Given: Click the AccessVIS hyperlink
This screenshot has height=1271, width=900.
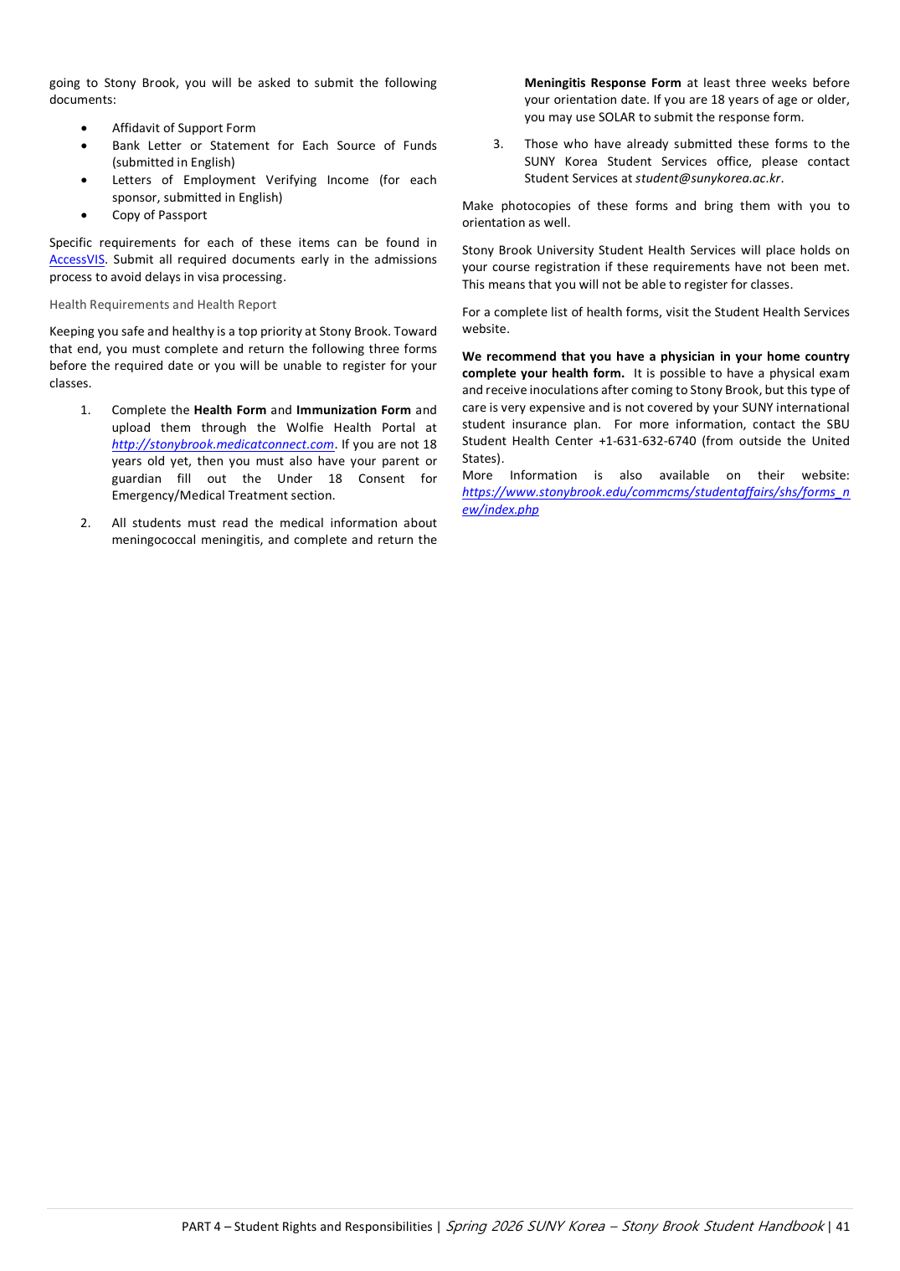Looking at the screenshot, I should [77, 259].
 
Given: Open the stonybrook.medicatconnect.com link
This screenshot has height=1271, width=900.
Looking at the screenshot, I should [223, 444].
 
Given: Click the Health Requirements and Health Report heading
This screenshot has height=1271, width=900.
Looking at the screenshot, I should [162, 305].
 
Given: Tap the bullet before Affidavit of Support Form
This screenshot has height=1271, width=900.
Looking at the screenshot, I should [85, 128].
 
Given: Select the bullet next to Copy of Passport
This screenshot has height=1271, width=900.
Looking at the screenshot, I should [85, 215].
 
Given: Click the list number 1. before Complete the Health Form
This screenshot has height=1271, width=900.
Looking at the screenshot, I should [85, 410].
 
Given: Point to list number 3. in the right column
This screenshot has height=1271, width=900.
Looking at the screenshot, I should [498, 144].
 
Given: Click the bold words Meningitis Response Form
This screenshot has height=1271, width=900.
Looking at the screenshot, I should [602, 83].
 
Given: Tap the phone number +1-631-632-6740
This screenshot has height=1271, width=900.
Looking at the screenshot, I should [647, 441].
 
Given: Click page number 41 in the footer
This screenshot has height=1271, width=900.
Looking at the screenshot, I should [842, 1227].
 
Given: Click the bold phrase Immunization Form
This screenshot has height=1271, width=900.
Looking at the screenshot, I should [353, 410].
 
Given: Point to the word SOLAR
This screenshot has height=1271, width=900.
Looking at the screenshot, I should [617, 117].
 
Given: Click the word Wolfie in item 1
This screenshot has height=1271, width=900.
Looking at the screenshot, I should [305, 428].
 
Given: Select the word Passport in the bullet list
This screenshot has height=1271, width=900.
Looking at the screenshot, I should [183, 215].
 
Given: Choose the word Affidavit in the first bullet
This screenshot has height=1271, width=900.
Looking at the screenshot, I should [135, 128].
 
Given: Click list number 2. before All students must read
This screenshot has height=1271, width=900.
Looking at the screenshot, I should [85, 523].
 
